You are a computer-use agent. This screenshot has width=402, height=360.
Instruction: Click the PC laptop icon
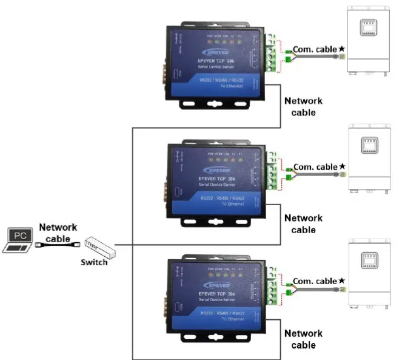point(18,239)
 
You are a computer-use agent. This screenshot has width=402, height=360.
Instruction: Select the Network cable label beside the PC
point(58,233)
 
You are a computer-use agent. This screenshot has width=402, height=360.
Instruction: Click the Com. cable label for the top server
point(315,49)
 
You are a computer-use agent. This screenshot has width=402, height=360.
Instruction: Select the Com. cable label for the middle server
point(315,166)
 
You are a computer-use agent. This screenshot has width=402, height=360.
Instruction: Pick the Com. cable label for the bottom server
point(315,281)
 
